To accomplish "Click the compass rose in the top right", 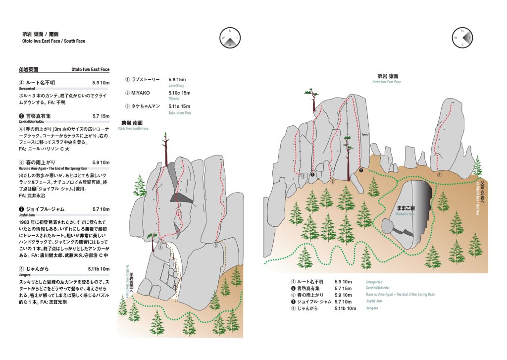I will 462,37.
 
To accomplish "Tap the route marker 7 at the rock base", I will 361,170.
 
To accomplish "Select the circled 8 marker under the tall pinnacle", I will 439,174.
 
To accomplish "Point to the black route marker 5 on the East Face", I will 312,174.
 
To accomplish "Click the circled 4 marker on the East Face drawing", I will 302,176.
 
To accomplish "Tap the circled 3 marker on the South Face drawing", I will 216,245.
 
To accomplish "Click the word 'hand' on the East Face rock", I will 365,134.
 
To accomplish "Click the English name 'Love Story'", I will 176,85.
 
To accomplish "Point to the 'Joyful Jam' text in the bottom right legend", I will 375,301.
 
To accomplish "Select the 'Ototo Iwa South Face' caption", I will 133,128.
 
